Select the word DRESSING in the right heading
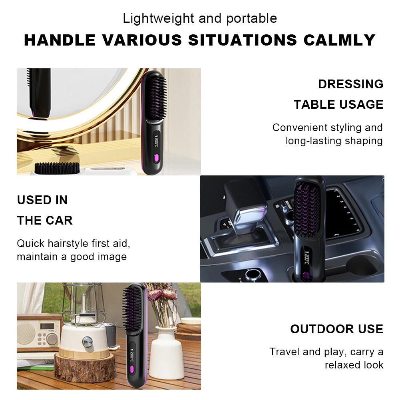click(350, 84)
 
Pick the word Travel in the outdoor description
click(285, 352)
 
